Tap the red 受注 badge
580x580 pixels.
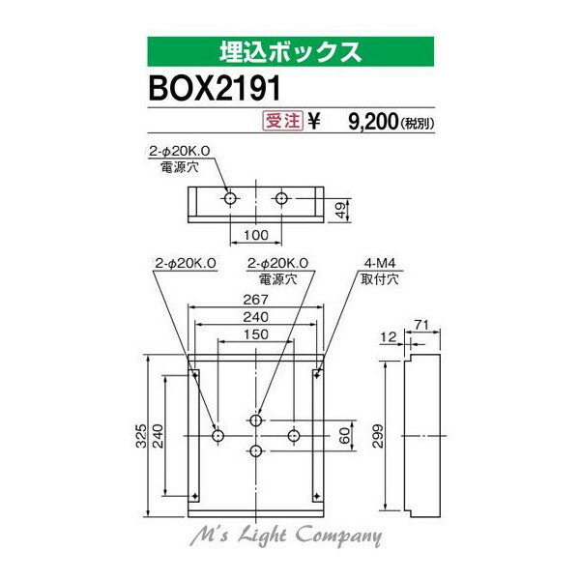279,122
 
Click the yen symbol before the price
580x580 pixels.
314,122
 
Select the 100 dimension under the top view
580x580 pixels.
255,235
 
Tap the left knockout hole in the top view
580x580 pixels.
230,198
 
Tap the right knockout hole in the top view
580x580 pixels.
281,198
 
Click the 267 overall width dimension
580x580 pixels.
255,300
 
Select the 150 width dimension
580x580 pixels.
255,335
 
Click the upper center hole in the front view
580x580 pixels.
255,420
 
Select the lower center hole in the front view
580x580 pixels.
255,451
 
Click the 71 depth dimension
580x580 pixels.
420,324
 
